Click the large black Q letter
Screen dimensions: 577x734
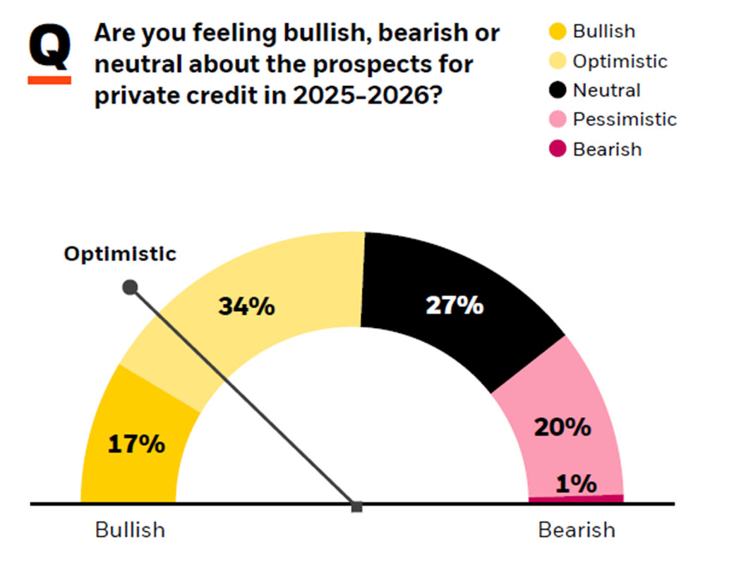tap(49, 48)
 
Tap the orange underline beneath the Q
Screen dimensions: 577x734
tap(49, 80)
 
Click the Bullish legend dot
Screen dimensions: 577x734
tap(558, 32)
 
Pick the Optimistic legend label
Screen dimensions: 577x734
tap(619, 61)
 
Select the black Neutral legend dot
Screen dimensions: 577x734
tap(558, 91)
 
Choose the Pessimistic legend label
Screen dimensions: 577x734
tap(624, 120)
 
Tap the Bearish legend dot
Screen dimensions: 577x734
tap(558, 150)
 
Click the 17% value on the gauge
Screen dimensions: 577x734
tap(136, 445)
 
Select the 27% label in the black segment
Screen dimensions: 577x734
tap(455, 305)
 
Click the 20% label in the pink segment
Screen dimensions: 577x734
tap(562, 427)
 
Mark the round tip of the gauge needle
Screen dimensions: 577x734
tap(130, 287)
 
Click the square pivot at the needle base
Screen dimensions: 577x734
tap(357, 506)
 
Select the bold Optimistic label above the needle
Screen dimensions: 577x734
tap(120, 254)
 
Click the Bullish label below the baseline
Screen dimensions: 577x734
tap(130, 530)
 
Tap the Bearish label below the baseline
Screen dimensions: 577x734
tap(577, 530)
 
